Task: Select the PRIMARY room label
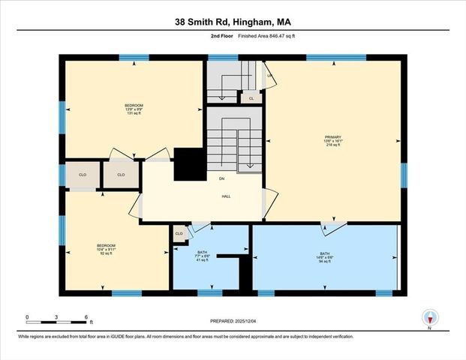[x=333, y=140]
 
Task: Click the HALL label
[x=225, y=196]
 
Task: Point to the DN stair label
[x=222, y=178]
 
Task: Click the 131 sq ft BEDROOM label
[x=134, y=109]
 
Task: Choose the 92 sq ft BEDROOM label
[x=106, y=249]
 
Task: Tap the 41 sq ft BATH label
[x=202, y=256]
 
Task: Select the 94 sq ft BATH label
[x=324, y=258]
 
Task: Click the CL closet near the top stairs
[x=251, y=98]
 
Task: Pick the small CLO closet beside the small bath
[x=179, y=234]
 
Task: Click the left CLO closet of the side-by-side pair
[x=83, y=175]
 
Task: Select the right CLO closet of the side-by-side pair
[x=120, y=175]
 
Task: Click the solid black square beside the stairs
[x=188, y=164]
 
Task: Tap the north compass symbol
[x=430, y=317]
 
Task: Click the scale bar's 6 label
[x=87, y=317]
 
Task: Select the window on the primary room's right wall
[x=403, y=174]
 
